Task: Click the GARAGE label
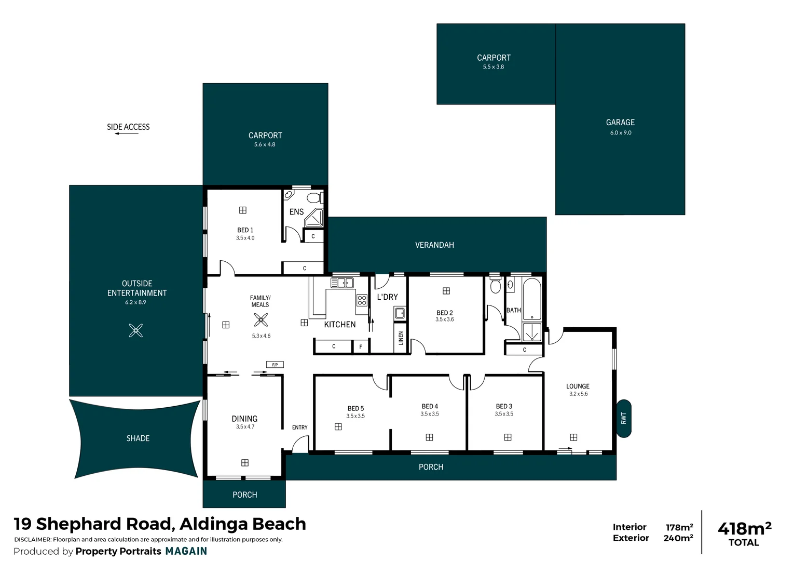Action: pos(620,123)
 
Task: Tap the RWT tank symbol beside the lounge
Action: pos(624,418)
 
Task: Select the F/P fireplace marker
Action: pos(275,365)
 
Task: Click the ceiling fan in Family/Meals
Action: pos(261,319)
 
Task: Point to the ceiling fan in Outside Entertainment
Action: pos(136,330)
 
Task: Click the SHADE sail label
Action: pos(138,438)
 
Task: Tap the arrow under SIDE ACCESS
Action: pos(127,134)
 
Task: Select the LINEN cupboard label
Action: pos(401,338)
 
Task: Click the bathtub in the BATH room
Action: pos(532,300)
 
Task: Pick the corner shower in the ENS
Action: pos(314,218)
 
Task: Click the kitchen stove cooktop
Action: pos(362,300)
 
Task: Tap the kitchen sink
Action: pos(342,283)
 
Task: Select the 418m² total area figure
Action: pos(744,529)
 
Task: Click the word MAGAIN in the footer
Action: pos(186,551)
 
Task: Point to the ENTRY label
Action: pos(299,428)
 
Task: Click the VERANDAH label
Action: pos(434,245)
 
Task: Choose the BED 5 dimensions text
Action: pos(355,416)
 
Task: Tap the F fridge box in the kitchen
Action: pos(361,346)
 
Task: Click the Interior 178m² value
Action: pos(679,527)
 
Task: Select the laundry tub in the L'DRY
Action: pos(400,313)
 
